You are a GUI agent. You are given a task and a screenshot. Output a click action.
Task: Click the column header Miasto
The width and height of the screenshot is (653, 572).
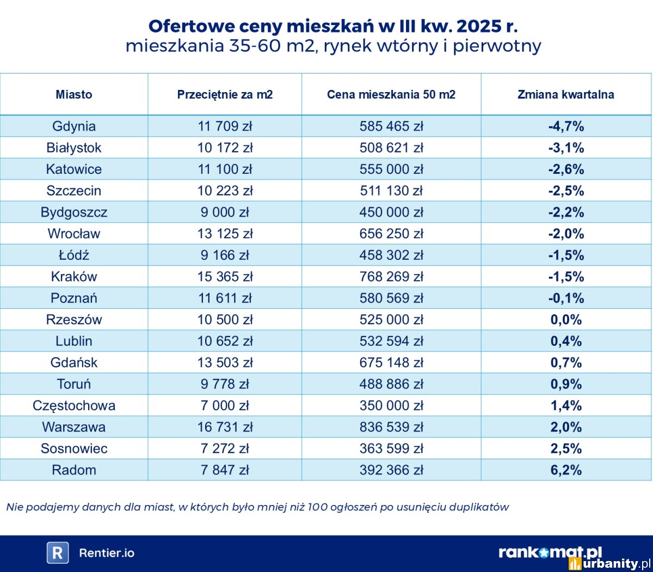pyautogui.click(x=74, y=94)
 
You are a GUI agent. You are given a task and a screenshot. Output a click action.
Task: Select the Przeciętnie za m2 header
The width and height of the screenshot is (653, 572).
pyautogui.click(x=225, y=94)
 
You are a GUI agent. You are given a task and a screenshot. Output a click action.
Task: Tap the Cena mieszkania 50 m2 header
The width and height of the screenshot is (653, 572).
pyautogui.click(x=391, y=94)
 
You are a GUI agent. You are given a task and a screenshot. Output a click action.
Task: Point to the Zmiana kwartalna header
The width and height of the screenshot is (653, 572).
pyautogui.click(x=565, y=94)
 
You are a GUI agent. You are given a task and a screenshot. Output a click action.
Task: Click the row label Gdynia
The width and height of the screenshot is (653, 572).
pyautogui.click(x=74, y=126)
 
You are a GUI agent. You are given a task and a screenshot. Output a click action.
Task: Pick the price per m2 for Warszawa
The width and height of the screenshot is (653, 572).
pyautogui.click(x=225, y=427)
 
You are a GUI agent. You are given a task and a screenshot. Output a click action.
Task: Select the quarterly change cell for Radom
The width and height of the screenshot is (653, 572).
pyautogui.click(x=566, y=470)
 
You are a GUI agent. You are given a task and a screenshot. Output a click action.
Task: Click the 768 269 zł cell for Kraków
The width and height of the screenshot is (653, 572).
pyautogui.click(x=391, y=277)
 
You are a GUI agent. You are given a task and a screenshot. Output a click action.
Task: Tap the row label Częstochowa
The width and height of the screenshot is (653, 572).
pyautogui.click(x=74, y=406)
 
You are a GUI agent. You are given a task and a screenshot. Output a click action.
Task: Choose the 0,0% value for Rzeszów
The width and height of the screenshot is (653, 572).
pyautogui.click(x=566, y=320)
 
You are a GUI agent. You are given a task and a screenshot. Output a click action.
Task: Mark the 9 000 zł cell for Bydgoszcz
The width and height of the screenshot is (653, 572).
pyautogui.click(x=225, y=212)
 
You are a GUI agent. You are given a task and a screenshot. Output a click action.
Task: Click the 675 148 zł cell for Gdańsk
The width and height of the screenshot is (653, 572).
pyautogui.click(x=391, y=363)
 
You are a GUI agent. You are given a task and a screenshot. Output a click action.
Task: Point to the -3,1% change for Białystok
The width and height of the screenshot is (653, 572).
pyautogui.click(x=566, y=148)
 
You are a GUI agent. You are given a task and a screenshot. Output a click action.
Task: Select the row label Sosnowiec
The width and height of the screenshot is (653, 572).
pyautogui.click(x=74, y=449)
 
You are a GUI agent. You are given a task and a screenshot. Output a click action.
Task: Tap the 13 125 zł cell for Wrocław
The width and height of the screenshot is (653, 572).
pyautogui.click(x=225, y=234)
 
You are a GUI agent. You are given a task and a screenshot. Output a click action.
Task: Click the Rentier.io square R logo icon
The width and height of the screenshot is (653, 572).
pyautogui.click(x=57, y=553)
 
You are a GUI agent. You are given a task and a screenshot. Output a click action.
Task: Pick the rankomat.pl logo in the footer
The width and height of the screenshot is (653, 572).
pyautogui.click(x=550, y=552)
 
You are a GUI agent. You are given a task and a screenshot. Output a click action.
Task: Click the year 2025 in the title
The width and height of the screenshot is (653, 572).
pyautogui.click(x=479, y=26)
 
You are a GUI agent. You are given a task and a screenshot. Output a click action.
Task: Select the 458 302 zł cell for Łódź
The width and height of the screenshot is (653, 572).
pyautogui.click(x=391, y=255)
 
